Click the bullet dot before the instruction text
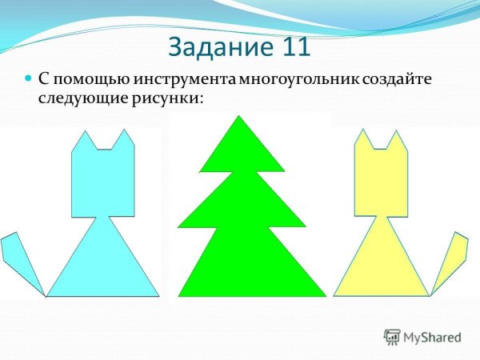pyautogui.click(x=28, y=81)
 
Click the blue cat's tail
pyautogui.click(x=19, y=260)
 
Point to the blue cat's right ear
pyautogui.click(x=124, y=142)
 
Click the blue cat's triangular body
pyautogui.click(x=102, y=264)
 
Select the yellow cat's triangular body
pyautogui.click(x=379, y=264)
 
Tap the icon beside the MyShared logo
pyautogui.click(x=392, y=337)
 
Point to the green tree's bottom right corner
pyautogui.click(x=325, y=294)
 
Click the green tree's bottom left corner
pyautogui.click(x=179, y=294)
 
